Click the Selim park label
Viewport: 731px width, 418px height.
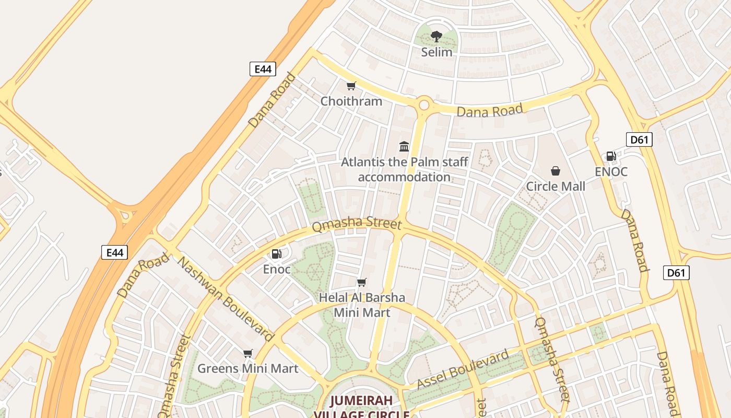[x=437, y=52]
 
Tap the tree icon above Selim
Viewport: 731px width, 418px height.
[x=437, y=37]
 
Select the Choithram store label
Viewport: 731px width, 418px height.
[x=351, y=101]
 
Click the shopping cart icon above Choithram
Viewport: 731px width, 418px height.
[x=351, y=86]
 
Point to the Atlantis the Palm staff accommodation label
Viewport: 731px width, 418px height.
[x=404, y=169]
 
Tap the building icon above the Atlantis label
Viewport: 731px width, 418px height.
[x=404, y=146]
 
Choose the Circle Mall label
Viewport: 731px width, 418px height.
[x=556, y=186]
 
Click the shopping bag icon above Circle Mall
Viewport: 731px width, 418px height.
[x=556, y=171]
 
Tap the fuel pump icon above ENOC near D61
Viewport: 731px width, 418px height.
[x=611, y=156]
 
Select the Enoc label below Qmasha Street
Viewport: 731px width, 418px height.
[x=277, y=269]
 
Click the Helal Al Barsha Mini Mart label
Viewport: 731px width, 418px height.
[x=362, y=305]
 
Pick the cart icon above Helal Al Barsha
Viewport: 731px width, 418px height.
[x=361, y=283]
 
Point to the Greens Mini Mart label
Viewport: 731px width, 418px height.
[x=247, y=368]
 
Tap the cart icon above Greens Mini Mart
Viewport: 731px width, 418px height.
[x=248, y=353]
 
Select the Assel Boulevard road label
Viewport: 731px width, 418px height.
[x=463, y=370]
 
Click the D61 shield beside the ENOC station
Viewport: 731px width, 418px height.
[x=639, y=140]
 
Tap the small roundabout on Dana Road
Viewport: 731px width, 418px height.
[x=423, y=105]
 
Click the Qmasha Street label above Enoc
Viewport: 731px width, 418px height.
[x=357, y=225]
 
